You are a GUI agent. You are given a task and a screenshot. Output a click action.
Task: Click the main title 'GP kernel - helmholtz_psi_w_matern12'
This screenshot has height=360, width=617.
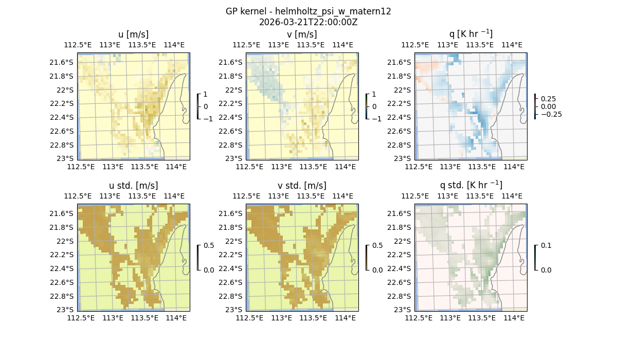coord(308,11)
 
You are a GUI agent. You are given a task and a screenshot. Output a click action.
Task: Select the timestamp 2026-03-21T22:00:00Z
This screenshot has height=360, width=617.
coord(308,22)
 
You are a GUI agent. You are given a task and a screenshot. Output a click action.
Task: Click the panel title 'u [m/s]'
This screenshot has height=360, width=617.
coord(133,34)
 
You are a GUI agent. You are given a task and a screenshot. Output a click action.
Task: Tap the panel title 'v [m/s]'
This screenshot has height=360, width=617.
coord(302,34)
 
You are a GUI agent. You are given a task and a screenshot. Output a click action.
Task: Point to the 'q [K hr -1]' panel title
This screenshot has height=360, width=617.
coord(470,34)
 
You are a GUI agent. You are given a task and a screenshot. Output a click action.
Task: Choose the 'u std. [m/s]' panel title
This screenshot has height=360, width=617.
coord(133,186)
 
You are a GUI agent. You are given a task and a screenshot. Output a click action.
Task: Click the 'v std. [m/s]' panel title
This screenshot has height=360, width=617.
coord(302,186)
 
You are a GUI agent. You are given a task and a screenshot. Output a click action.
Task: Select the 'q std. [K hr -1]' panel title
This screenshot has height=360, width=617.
coord(470,185)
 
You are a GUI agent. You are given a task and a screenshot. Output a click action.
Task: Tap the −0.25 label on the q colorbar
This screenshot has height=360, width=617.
coord(551,114)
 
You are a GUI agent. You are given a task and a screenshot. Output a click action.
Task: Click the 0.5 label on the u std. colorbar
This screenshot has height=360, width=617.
coord(209,246)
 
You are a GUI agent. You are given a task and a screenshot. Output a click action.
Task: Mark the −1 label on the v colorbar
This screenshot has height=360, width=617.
coord(377,118)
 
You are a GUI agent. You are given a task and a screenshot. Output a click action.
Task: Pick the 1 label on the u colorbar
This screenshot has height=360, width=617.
coord(206,95)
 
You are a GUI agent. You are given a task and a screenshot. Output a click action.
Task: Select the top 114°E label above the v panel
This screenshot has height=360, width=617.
coord(343,45)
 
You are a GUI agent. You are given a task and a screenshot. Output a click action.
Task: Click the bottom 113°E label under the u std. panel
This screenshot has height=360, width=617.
coord(113,318)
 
